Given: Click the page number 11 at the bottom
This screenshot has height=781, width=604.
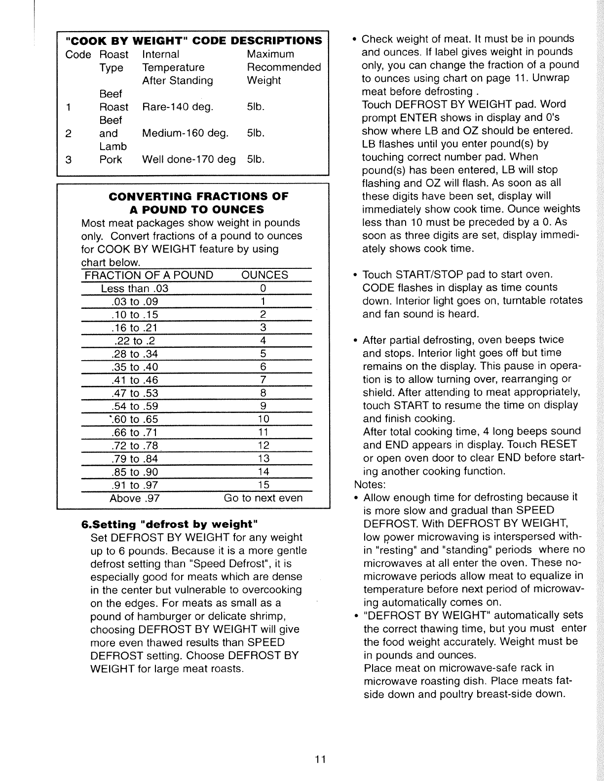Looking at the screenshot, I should [319, 759].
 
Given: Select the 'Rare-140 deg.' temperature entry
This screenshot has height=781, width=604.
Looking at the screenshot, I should [178, 107].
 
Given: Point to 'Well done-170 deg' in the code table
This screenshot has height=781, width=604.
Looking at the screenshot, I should [189, 160].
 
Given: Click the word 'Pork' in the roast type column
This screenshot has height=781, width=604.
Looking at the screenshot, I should [111, 160].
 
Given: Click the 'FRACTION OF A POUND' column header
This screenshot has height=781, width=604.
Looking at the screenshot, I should [149, 275].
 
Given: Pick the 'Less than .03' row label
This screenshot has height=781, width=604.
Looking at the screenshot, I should [135, 289].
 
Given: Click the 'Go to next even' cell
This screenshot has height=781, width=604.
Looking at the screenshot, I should [263, 498].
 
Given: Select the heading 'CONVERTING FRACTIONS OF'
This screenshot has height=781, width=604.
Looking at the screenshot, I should [198, 196].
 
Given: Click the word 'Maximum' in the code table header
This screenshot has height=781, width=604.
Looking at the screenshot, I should [270, 54].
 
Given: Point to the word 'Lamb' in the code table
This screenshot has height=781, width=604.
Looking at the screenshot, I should [113, 147].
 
